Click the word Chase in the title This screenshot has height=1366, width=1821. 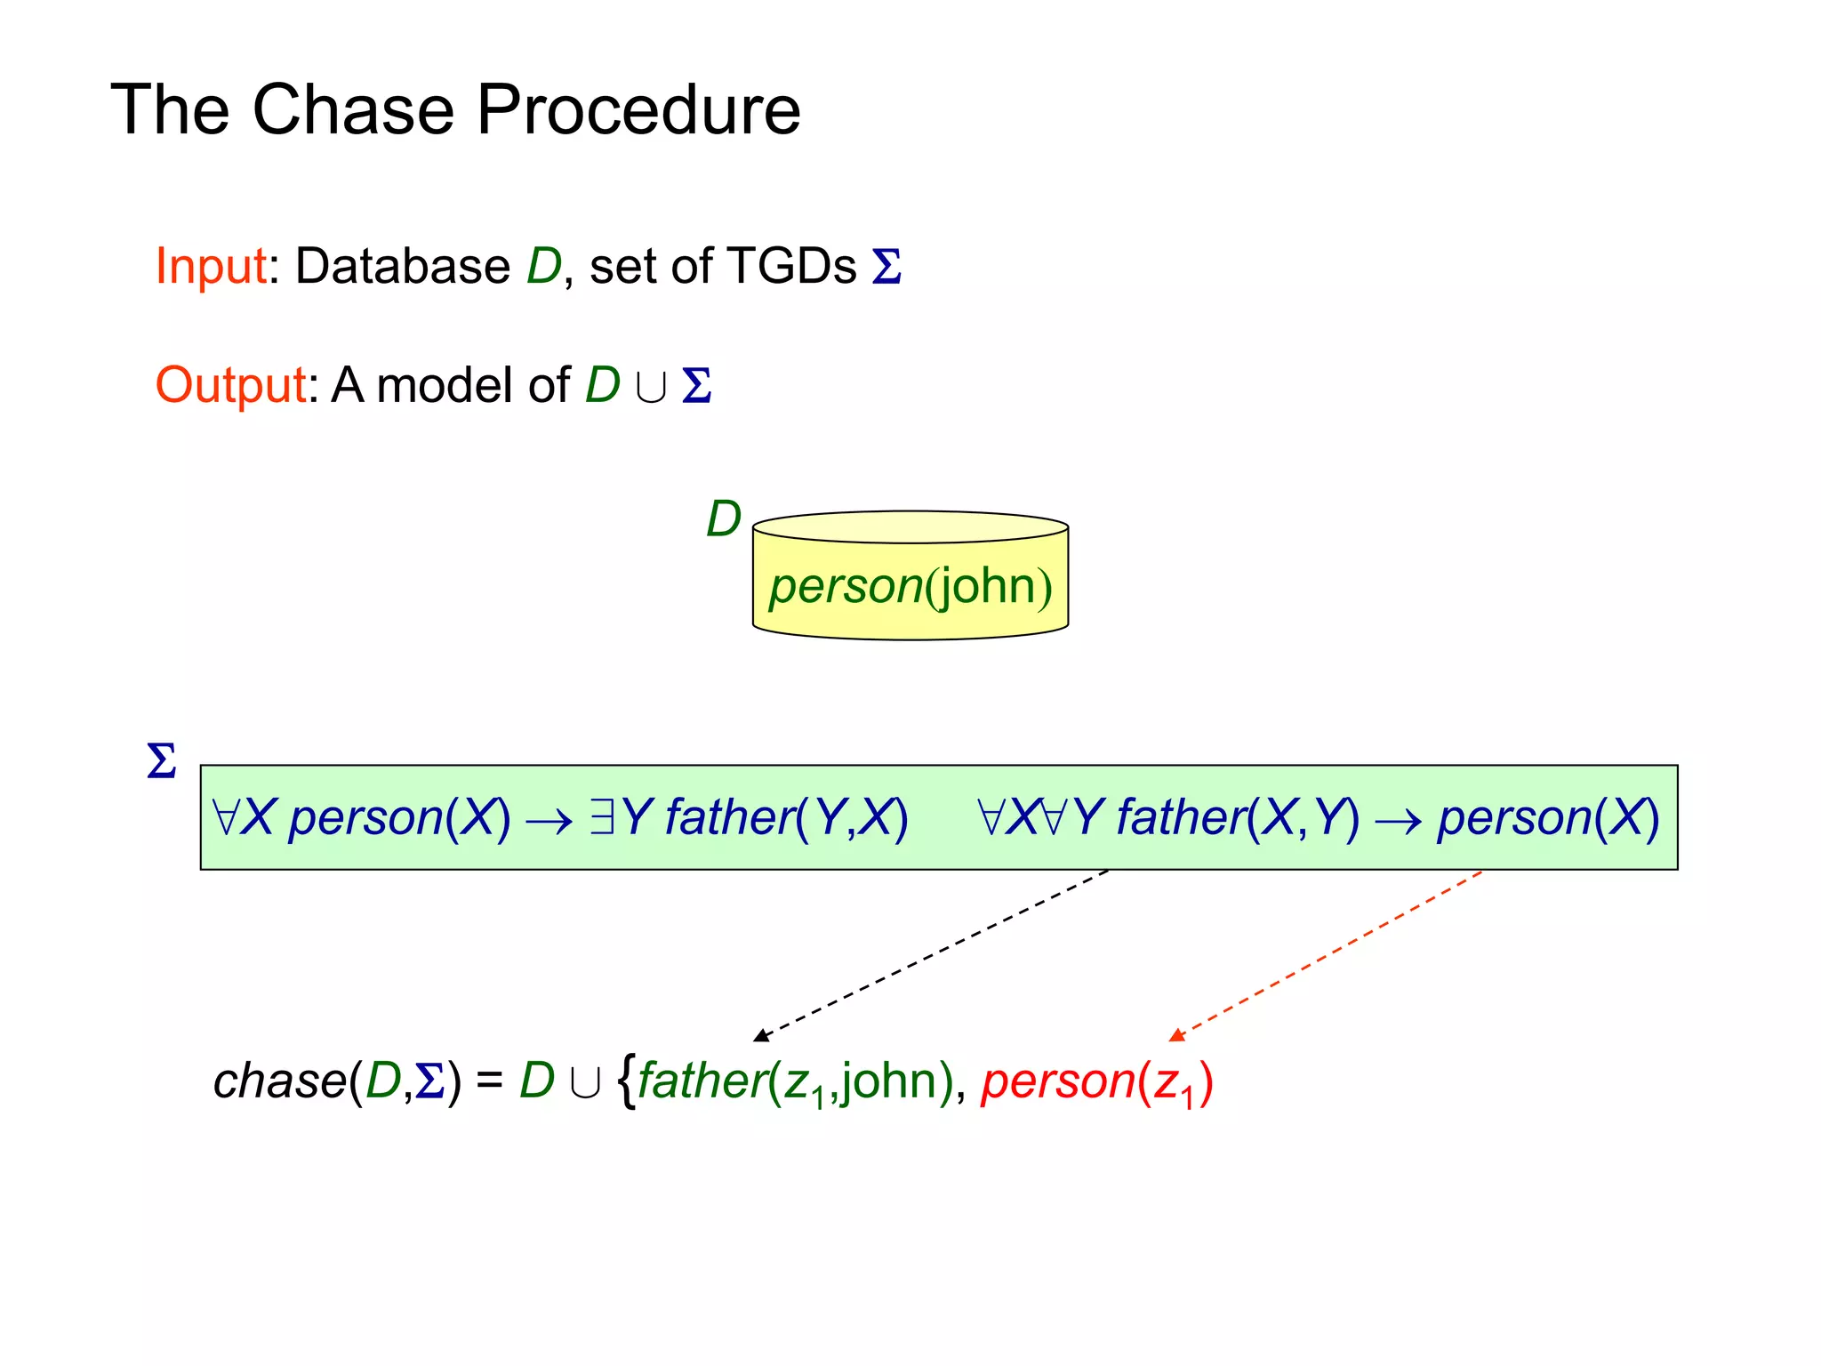point(353,109)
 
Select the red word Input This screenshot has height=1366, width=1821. point(211,266)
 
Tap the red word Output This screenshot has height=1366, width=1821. point(231,385)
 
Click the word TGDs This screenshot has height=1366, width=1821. point(790,266)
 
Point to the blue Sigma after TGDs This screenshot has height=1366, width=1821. point(886,267)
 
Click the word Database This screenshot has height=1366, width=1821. point(402,266)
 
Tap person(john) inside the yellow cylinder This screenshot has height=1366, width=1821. point(910,586)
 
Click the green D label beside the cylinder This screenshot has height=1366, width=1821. point(723,519)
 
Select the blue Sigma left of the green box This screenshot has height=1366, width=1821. point(162,761)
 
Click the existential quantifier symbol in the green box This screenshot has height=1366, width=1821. point(602,816)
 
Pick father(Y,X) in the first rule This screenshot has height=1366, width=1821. point(786,816)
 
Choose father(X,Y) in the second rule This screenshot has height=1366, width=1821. point(1238,816)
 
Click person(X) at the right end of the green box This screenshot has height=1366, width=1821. point(1548,816)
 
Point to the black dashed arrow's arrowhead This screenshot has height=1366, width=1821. point(761,1035)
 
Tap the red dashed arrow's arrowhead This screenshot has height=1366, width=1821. point(1176,1034)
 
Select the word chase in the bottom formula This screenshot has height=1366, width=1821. point(279,1081)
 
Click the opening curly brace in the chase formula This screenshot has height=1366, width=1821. point(626,1081)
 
